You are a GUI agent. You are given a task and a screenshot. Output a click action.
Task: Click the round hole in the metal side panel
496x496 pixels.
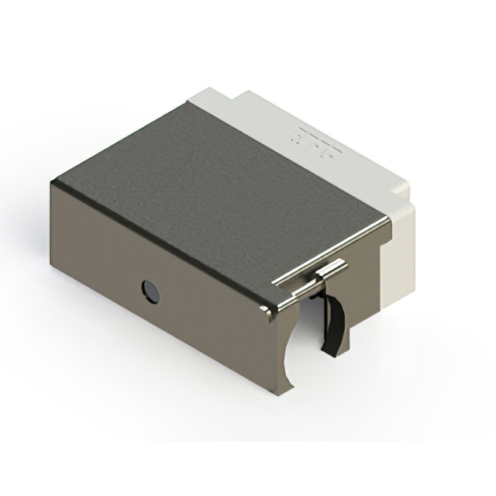click(x=148, y=291)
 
